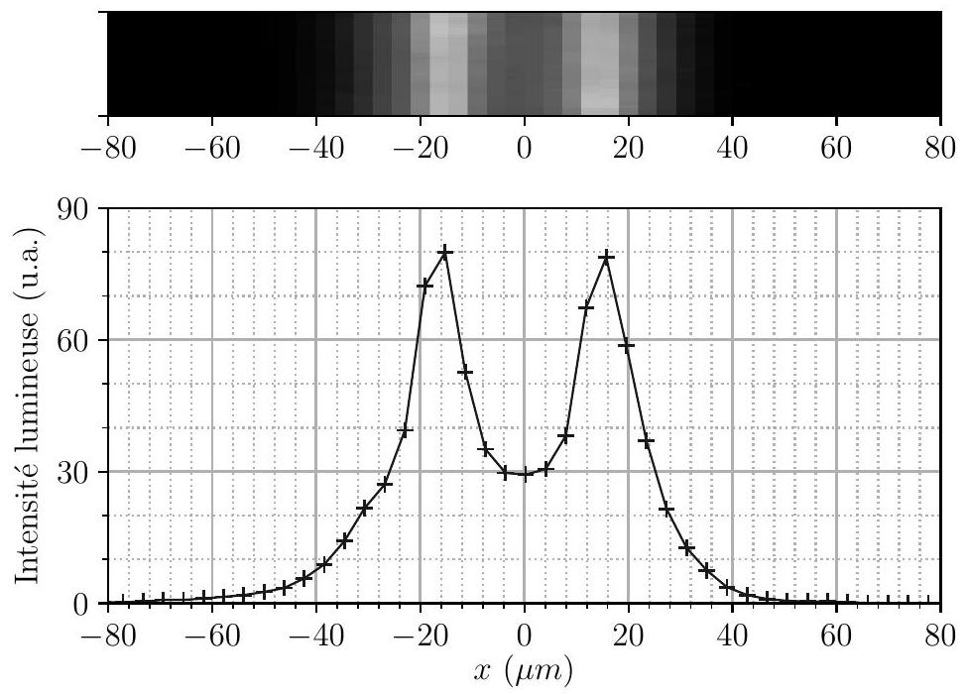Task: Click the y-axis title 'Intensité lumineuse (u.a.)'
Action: (27, 405)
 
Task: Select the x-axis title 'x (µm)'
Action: (524, 671)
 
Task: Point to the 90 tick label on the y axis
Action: (72, 209)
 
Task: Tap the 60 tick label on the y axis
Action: (72, 340)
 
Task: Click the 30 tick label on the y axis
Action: (72, 472)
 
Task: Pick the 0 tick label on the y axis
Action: (81, 604)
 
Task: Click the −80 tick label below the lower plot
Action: (108, 636)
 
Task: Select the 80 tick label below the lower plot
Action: (940, 636)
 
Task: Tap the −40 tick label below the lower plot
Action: (315, 636)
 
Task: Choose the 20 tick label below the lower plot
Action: (629, 636)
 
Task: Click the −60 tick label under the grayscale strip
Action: (212, 148)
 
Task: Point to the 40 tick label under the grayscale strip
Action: (732, 148)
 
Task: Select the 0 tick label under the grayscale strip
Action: (525, 148)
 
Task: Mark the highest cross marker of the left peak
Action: (444, 252)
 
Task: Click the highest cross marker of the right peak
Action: (607, 256)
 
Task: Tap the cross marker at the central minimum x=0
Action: (525, 474)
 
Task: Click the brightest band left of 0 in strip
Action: (439, 63)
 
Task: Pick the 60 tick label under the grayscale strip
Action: (836, 148)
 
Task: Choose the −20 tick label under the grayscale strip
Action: (420, 148)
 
